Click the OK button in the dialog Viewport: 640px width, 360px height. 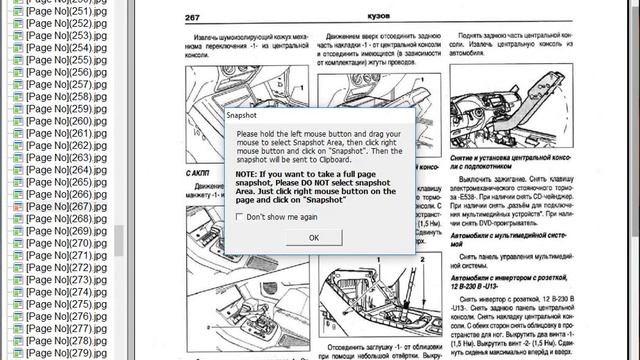tap(313, 237)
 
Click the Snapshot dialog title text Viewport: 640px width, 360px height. tap(243, 116)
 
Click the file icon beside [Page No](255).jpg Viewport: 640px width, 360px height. tap(17, 60)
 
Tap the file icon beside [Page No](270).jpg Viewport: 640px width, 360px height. tap(17, 243)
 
